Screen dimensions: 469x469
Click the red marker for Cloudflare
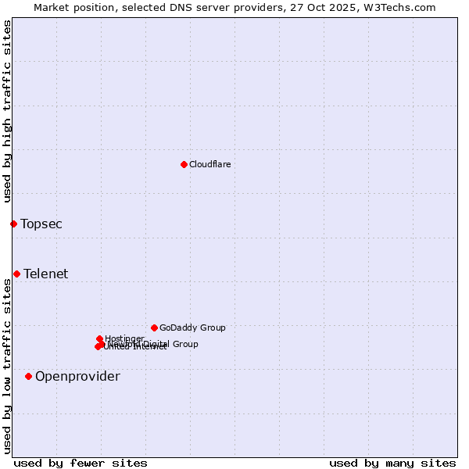(x=184, y=164)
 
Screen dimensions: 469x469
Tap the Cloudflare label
(x=209, y=164)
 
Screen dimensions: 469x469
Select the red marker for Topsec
(x=13, y=224)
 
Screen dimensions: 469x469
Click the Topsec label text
(x=41, y=224)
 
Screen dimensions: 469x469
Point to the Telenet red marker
(x=16, y=274)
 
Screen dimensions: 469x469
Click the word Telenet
(x=45, y=274)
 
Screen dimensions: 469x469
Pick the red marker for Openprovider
(x=28, y=376)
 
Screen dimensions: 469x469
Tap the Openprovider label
(x=77, y=377)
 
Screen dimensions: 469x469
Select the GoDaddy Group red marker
(x=154, y=328)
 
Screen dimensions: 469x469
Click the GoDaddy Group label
(x=192, y=328)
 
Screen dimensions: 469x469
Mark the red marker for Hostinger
(x=99, y=338)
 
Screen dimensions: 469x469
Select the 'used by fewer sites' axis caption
(x=81, y=463)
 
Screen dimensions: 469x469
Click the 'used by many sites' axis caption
(x=392, y=463)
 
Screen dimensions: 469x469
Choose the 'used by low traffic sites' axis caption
(x=7, y=367)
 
